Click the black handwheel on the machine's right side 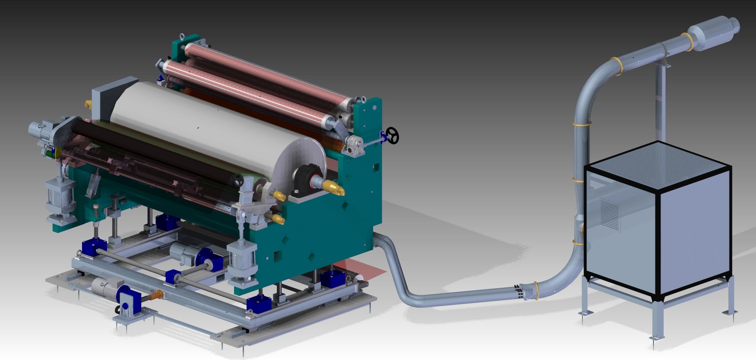[393, 136]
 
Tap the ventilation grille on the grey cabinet [610, 214]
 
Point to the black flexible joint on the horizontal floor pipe [520, 292]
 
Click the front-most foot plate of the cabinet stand [657, 338]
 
